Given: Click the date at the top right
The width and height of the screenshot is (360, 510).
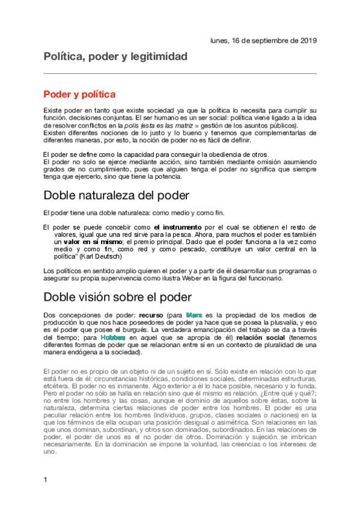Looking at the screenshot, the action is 263,40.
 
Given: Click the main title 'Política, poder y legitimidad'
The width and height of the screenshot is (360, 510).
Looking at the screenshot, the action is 115,57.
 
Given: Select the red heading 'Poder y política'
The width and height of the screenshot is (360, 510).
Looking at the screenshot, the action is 79,94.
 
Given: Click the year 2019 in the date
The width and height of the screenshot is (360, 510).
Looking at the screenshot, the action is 307,40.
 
